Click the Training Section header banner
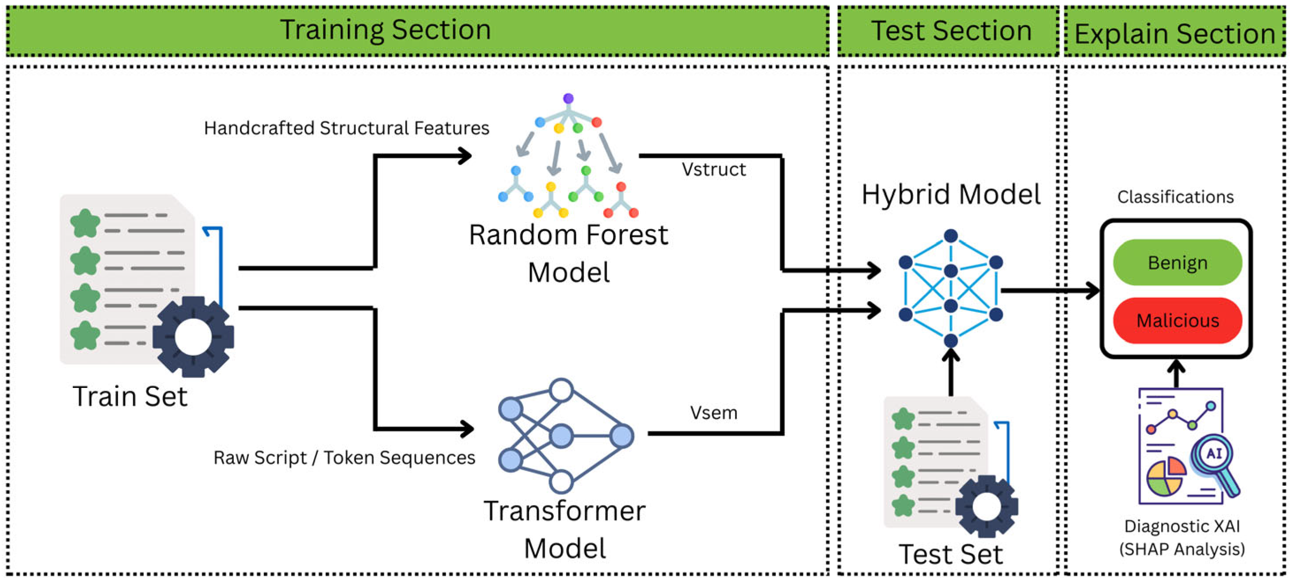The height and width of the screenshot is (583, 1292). pos(417,31)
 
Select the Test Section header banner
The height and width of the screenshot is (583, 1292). pos(948,31)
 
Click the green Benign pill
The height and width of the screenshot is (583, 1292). pos(1177,262)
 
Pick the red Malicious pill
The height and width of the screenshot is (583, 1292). pos(1177,320)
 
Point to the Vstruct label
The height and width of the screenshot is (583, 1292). pos(714,169)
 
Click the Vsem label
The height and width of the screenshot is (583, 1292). pos(714,413)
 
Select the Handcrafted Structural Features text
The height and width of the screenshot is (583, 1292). pos(347,128)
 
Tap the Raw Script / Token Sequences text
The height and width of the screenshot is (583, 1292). pos(344,457)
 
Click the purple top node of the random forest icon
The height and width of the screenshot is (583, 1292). pos(568,98)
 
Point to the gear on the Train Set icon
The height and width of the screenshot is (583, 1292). pos(193,337)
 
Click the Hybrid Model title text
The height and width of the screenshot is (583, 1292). pos(951,195)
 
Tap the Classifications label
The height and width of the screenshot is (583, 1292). pos(1176,197)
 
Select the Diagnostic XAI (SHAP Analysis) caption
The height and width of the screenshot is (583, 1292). pos(1182,537)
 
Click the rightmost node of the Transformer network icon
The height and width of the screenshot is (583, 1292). pos(622,436)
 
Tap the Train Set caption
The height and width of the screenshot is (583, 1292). pos(130,396)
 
